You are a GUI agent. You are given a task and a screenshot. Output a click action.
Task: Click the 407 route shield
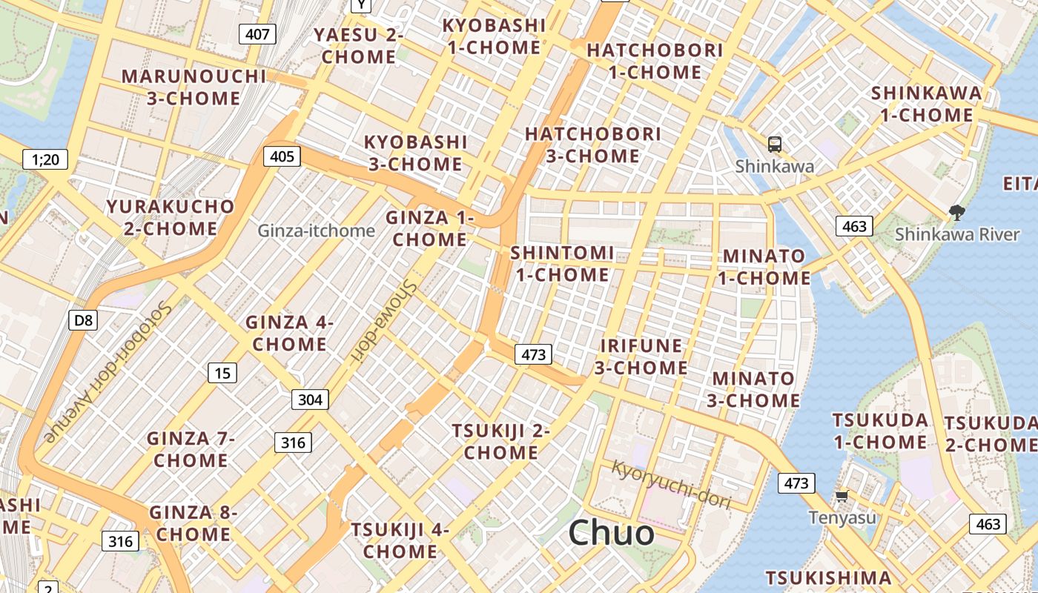257,33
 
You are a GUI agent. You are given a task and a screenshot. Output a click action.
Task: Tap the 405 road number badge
282,156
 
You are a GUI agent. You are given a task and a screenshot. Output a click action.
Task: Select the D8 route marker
84,320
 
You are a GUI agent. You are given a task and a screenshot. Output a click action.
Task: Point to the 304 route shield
310,400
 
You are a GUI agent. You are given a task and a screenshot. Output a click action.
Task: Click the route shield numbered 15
222,373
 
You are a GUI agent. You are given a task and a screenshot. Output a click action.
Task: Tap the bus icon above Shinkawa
775,145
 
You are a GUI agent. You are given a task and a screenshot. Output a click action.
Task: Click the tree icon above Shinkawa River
957,213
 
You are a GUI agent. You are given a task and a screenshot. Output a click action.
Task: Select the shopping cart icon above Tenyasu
842,496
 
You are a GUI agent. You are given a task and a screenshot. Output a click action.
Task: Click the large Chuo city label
612,533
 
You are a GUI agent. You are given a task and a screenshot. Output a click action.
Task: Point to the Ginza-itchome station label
317,231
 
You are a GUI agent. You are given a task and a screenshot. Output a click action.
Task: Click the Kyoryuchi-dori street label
672,485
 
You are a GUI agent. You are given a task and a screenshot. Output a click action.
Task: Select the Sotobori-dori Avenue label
110,371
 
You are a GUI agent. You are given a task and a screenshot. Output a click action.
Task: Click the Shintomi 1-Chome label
562,264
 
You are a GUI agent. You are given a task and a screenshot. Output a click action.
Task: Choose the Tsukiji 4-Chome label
400,540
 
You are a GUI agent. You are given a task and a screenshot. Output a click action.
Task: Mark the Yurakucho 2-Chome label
170,217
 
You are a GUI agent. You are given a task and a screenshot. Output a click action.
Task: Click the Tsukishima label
828,577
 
